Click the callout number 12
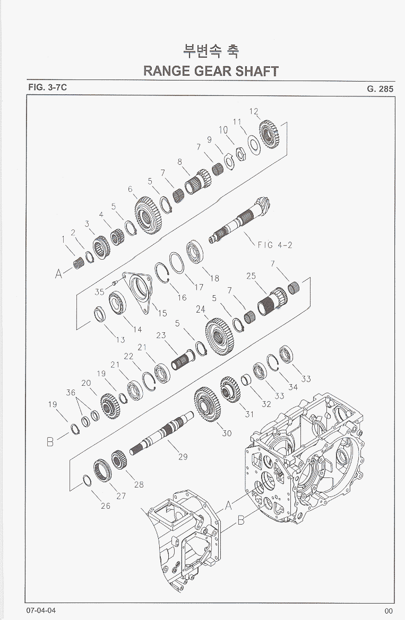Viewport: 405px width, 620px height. [254, 111]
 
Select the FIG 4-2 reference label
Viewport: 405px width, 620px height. [275, 245]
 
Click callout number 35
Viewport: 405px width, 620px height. [99, 292]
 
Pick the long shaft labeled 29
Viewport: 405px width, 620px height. [161, 433]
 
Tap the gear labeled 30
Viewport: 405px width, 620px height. [208, 404]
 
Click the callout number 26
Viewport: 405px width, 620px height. [105, 506]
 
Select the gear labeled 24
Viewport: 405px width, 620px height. [220, 336]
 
